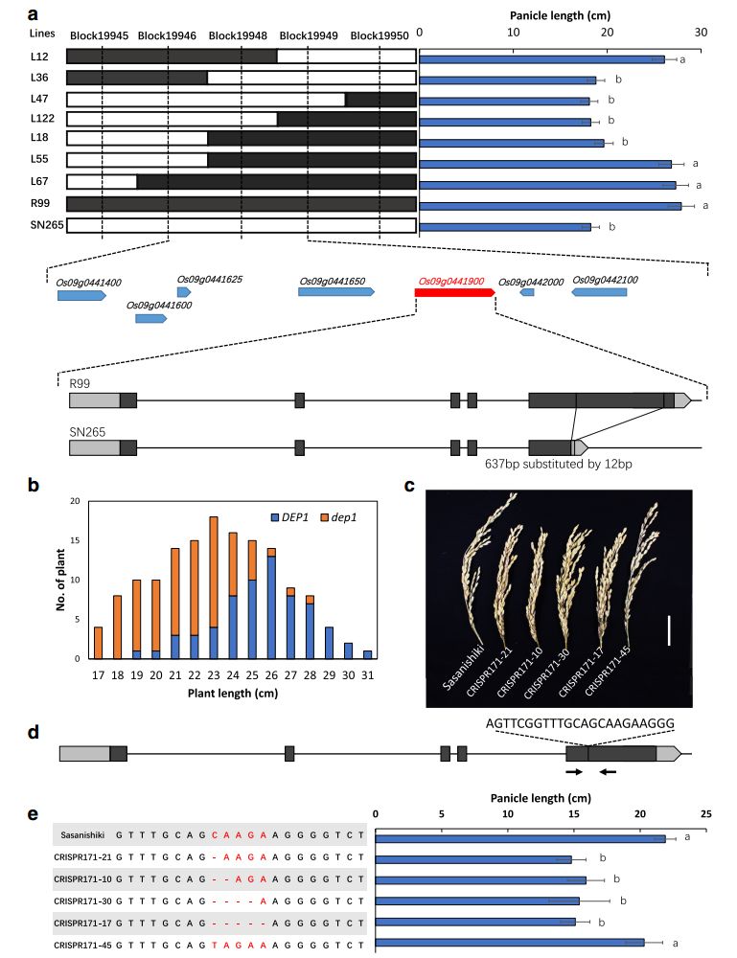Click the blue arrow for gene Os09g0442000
527,292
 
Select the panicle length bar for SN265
505,227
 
